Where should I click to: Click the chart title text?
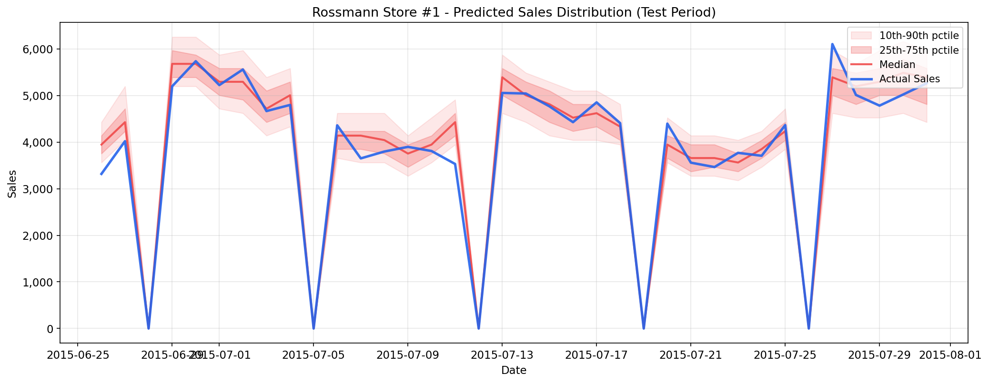pyautogui.click(x=514, y=13)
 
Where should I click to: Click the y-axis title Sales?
pyautogui.click(x=12, y=184)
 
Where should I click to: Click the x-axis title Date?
pyautogui.click(x=514, y=370)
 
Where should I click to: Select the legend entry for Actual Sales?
pyautogui.click(x=909, y=79)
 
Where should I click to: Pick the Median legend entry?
pyautogui.click(x=897, y=65)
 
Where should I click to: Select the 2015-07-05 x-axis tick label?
pyautogui.click(x=313, y=355)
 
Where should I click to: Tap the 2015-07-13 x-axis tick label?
pyautogui.click(x=502, y=355)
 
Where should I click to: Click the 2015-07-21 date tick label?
pyautogui.click(x=690, y=355)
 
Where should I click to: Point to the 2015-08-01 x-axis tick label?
pyautogui.click(x=950, y=355)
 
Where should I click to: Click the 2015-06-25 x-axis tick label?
pyautogui.click(x=78, y=355)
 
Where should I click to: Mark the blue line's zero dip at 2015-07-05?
pyautogui.click(x=313, y=328)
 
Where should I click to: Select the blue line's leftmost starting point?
pyautogui.click(x=101, y=174)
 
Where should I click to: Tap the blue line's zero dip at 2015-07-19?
pyautogui.click(x=644, y=328)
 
